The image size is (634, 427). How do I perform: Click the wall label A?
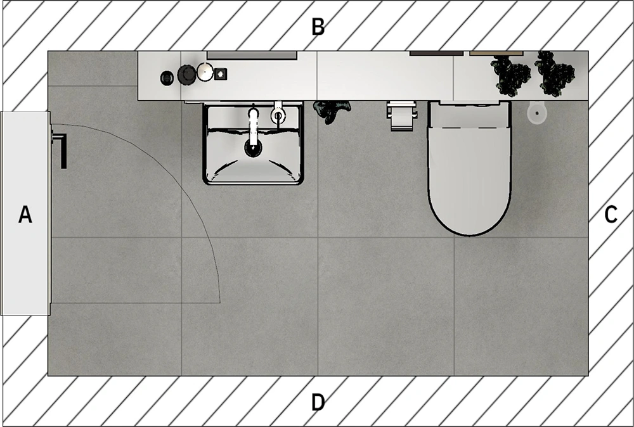click(x=25, y=214)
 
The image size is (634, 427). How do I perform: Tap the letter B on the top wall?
click(x=318, y=27)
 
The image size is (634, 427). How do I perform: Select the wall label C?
click(x=610, y=215)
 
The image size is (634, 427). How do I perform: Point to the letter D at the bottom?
click(x=318, y=402)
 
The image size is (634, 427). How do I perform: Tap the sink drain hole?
click(x=253, y=148)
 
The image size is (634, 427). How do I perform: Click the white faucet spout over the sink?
click(x=253, y=124)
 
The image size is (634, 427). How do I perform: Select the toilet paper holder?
click(x=401, y=115)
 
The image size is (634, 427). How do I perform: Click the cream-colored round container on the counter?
click(x=204, y=72)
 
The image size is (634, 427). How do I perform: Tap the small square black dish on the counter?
click(x=221, y=74)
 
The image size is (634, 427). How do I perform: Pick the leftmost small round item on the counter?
click(x=167, y=77)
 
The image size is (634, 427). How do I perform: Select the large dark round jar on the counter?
click(x=186, y=74)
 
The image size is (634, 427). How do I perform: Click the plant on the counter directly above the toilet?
click(x=511, y=73)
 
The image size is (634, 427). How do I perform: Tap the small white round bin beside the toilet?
click(x=537, y=112)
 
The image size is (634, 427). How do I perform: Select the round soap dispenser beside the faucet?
click(x=278, y=115)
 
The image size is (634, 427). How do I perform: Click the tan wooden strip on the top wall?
click(x=496, y=53)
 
